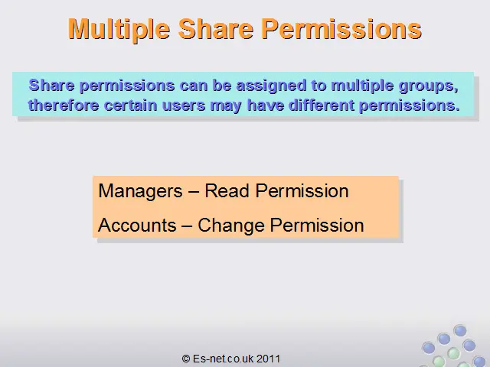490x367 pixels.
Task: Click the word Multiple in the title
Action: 119,30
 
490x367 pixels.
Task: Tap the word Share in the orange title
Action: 216,29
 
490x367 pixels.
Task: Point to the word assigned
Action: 271,86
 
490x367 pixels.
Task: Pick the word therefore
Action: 64,106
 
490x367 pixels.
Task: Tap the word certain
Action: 131,106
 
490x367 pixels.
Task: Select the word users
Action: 184,106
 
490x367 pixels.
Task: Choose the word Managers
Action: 140,191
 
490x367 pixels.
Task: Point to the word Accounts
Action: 137,225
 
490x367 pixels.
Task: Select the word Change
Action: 231,226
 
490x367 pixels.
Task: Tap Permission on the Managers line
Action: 302,190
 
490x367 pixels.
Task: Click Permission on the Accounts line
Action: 317,225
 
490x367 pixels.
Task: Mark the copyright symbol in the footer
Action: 186,359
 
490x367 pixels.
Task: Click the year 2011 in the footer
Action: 268,359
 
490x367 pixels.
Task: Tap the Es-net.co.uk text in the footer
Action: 223,359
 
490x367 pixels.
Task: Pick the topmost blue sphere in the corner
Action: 460,330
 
